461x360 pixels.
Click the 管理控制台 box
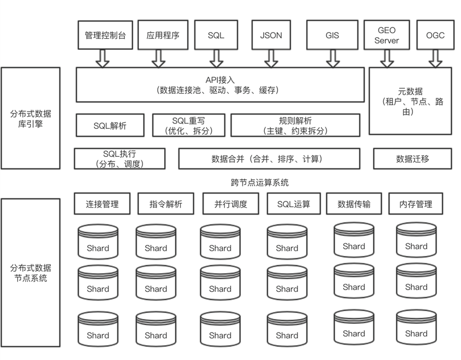coord(101,35)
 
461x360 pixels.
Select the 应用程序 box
coord(163,35)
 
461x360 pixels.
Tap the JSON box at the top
coord(271,35)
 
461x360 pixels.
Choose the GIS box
coord(332,35)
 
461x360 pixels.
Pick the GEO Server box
coord(386,35)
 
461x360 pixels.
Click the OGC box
coord(435,35)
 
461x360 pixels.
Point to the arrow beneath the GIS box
coord(332,58)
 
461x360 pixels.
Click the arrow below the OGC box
coord(435,58)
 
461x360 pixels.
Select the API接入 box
coord(220,85)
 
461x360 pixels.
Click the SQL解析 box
coord(110,125)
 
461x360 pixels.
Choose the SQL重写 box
coord(189,125)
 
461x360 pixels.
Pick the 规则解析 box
coord(295,125)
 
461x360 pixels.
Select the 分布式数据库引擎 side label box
coord(30,118)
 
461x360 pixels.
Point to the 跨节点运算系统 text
coord(256,183)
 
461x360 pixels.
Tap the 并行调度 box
coord(230,204)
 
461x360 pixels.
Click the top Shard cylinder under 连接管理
coord(98,241)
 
